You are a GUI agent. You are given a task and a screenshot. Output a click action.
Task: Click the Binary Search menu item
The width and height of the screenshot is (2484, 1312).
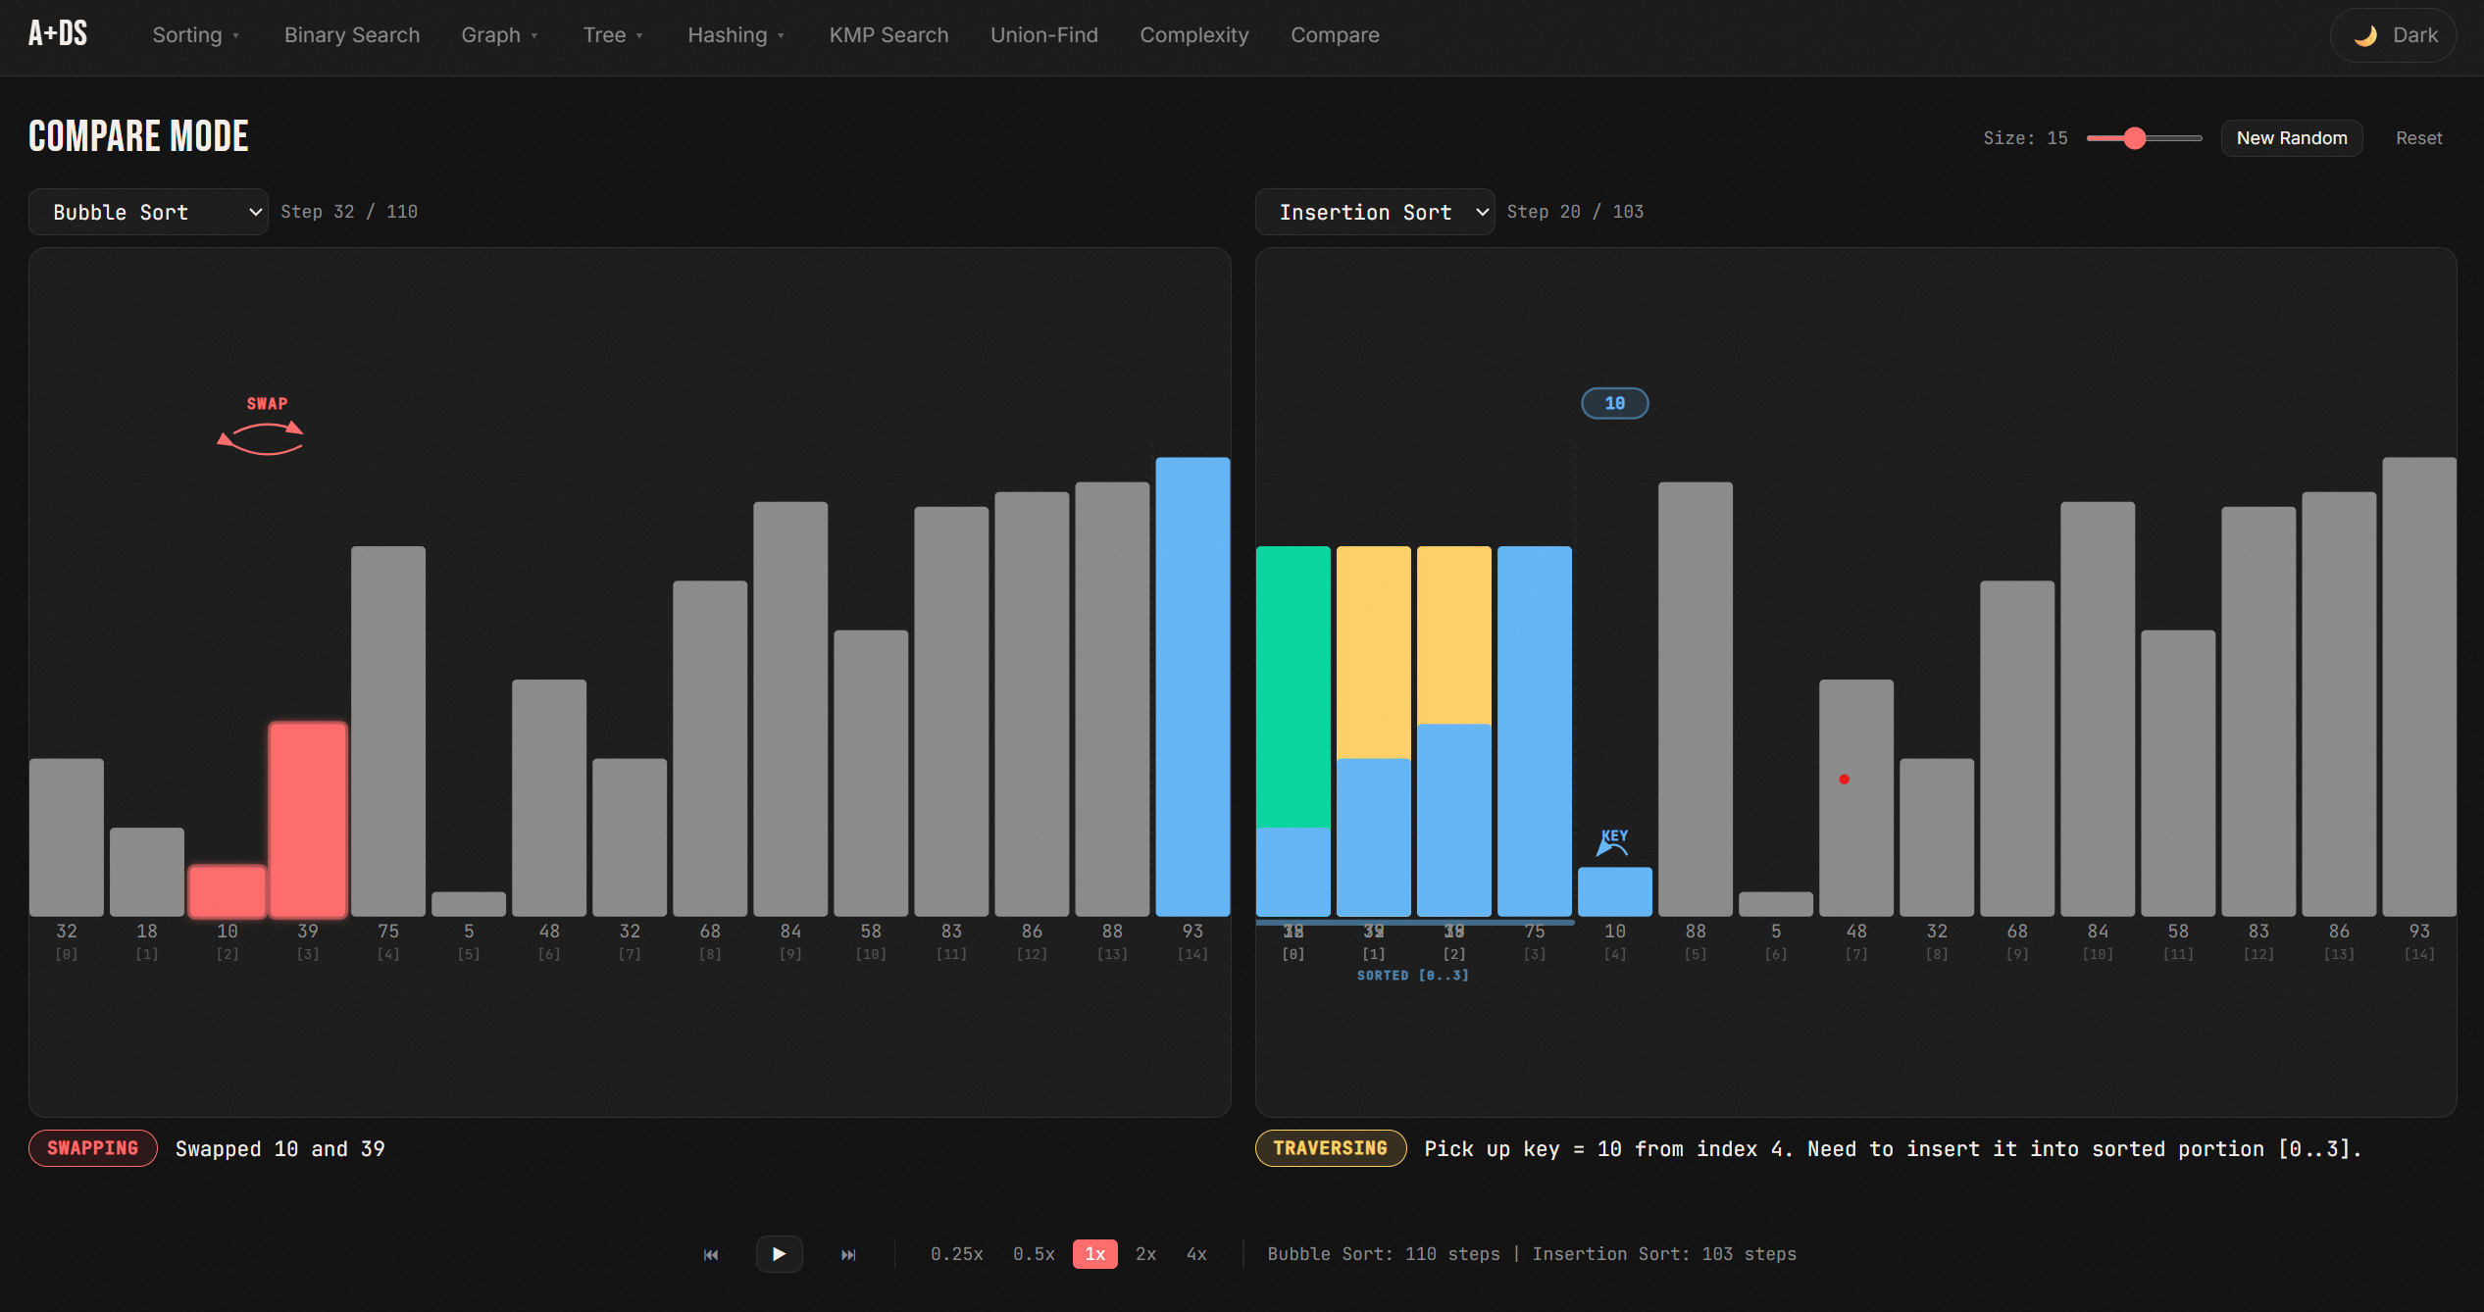(x=351, y=35)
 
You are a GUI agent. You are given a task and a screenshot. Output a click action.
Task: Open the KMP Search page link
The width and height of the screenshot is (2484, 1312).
(x=888, y=35)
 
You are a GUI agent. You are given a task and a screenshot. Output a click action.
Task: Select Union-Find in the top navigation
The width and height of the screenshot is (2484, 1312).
(x=1043, y=35)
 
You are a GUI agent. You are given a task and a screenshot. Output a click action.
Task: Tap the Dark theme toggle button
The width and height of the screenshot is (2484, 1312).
(x=2393, y=35)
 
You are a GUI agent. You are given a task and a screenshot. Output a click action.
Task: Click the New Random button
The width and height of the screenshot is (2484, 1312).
(x=2291, y=138)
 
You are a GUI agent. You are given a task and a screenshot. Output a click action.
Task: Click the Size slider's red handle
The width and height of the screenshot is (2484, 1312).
(x=2134, y=138)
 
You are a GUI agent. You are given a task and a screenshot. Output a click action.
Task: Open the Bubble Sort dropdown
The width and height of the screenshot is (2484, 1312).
(x=148, y=212)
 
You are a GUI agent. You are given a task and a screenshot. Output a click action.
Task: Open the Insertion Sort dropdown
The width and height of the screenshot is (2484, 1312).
(x=1374, y=212)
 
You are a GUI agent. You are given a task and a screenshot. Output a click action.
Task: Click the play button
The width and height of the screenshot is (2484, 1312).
(x=779, y=1254)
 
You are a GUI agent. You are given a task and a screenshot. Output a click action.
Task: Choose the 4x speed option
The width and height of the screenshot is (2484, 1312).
(x=1196, y=1254)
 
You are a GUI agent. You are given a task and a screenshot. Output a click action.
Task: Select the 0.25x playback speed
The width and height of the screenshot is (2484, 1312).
(x=956, y=1254)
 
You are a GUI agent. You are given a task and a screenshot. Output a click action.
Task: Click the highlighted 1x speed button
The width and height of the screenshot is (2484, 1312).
(x=1094, y=1254)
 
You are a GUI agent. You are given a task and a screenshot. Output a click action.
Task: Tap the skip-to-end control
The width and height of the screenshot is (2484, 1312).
(x=848, y=1254)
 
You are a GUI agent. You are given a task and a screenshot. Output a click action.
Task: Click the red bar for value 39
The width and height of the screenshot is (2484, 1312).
(x=308, y=819)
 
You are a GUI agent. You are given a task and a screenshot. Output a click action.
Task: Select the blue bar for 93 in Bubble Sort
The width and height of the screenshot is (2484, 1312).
(x=1192, y=686)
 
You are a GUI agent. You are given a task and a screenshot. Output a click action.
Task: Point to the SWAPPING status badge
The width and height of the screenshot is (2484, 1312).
(x=93, y=1148)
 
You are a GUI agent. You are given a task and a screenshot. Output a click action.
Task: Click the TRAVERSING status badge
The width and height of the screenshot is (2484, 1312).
(x=1330, y=1148)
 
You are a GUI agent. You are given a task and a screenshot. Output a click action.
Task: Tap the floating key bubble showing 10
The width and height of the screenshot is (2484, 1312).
(x=1614, y=403)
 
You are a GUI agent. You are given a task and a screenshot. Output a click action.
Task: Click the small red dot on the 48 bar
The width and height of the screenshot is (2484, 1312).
(x=1845, y=780)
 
